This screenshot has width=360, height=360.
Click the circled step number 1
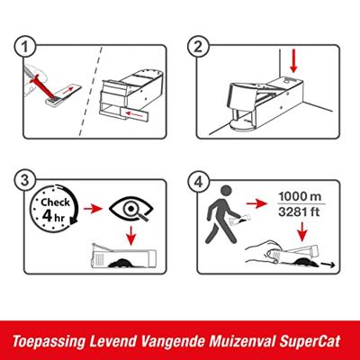point(25,48)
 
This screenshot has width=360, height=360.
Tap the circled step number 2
point(198,48)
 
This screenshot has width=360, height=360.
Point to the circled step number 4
point(198,182)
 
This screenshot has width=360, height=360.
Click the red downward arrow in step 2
point(293,61)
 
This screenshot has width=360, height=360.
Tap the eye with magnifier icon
point(131,209)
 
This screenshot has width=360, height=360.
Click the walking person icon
point(221,214)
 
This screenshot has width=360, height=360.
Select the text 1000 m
point(300,197)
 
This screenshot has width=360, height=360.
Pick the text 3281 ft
point(299,212)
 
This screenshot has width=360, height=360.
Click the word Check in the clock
point(56,202)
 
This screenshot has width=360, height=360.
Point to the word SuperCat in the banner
point(310,341)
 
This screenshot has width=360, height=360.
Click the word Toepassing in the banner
point(49,342)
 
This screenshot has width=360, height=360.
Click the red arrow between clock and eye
point(94,209)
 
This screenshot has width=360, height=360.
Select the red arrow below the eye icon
point(130,236)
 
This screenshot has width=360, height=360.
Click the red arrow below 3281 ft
point(302,231)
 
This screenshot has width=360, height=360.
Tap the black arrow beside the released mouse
point(328,265)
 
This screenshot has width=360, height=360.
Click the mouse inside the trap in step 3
point(121,264)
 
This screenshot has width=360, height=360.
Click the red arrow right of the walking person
point(256,204)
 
